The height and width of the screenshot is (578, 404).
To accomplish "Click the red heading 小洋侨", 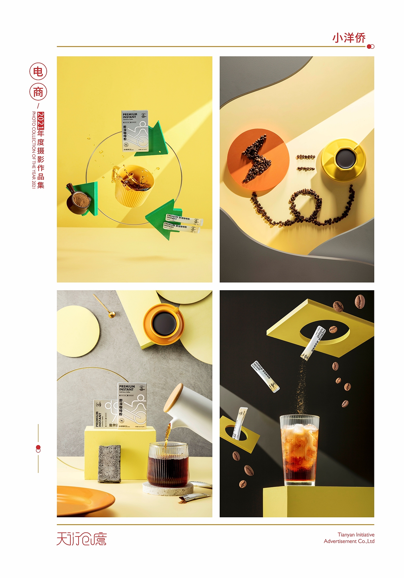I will pos(349,38).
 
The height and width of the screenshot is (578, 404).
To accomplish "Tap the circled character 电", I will pos(38,71).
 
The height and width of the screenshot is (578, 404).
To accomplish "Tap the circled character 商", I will pos(38,92).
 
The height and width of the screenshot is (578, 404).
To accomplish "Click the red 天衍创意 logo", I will pos(81,539).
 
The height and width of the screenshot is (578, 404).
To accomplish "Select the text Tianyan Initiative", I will pos(356,535).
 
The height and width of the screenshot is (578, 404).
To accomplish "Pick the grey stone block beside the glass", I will pos(109,464).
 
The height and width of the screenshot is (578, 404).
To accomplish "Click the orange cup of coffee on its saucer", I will pos(164,324).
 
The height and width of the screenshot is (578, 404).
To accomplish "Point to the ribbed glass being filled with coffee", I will pos(168,465).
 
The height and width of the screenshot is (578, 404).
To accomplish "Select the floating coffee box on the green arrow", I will pos(135,131).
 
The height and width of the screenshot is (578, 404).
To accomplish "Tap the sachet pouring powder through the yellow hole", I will pos(313,343).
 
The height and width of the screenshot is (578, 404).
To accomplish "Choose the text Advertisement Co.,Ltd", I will pos(349,541).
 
